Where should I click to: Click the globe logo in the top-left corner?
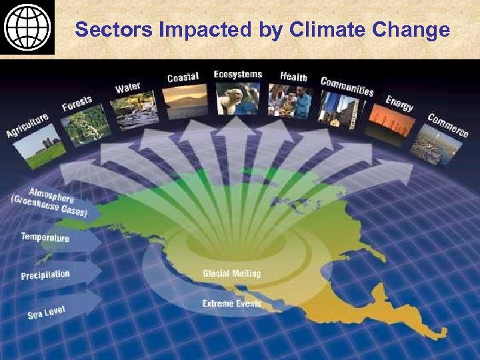pyautogui.click(x=27, y=27)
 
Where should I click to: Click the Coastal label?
pyautogui.click(x=183, y=77)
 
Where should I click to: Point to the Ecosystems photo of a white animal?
pyautogui.click(x=237, y=99)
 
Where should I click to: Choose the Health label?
pyautogui.click(x=293, y=77)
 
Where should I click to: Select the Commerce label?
pyautogui.click(x=448, y=125)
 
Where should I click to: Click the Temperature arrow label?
pyautogui.click(x=45, y=237)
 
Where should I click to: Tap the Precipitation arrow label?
pyautogui.click(x=45, y=275)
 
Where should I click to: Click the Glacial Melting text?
pyautogui.click(x=231, y=273)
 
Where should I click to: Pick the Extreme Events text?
pyautogui.click(x=231, y=304)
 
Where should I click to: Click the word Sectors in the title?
pyautogui.click(x=104, y=30)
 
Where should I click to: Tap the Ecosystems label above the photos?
pyautogui.click(x=237, y=74)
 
